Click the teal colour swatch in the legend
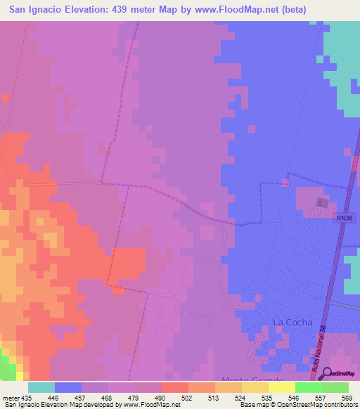click(x=41, y=387)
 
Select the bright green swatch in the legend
click(x=308, y=387)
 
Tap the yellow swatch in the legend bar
click(x=281, y=387)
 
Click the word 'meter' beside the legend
click(x=10, y=398)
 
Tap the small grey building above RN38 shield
click(x=323, y=203)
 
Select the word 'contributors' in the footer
click(x=338, y=405)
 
